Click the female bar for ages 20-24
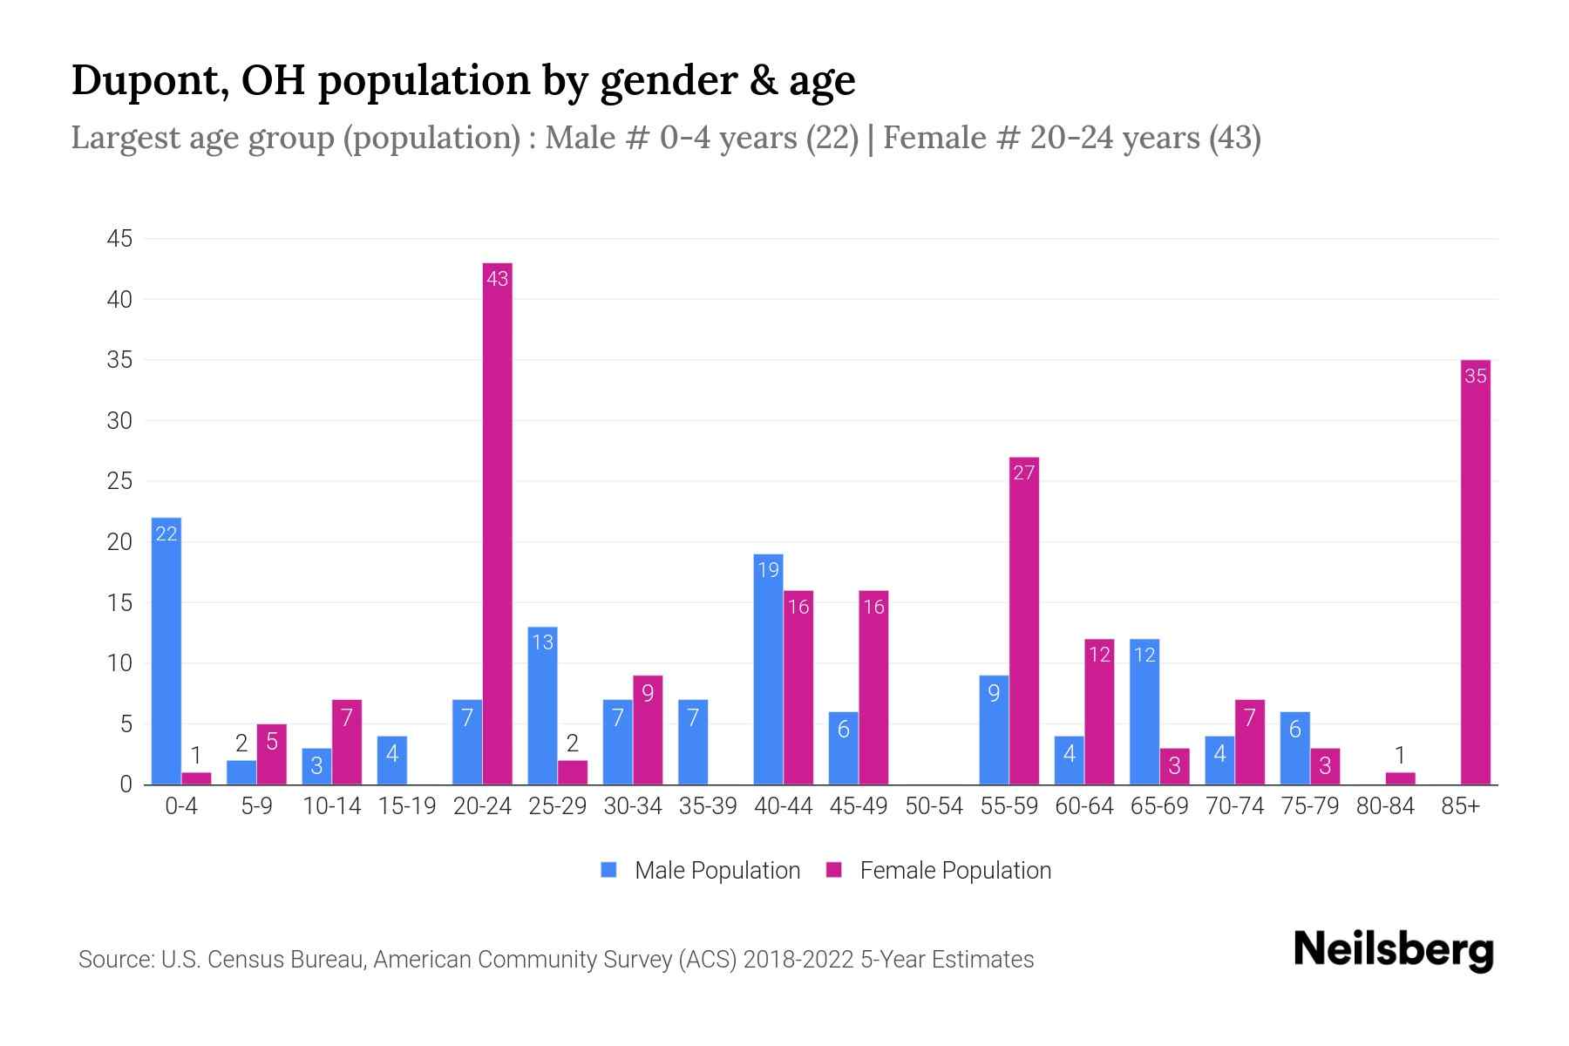(x=497, y=523)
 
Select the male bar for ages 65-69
(x=1144, y=711)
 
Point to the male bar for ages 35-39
(x=693, y=742)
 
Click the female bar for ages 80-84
(x=1400, y=778)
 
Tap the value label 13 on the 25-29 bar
(x=542, y=642)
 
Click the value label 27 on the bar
(x=1023, y=472)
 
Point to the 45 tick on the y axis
(x=119, y=239)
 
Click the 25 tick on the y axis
(x=119, y=481)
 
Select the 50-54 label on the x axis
(x=934, y=806)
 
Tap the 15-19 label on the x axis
(x=407, y=806)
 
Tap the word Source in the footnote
(x=114, y=960)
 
